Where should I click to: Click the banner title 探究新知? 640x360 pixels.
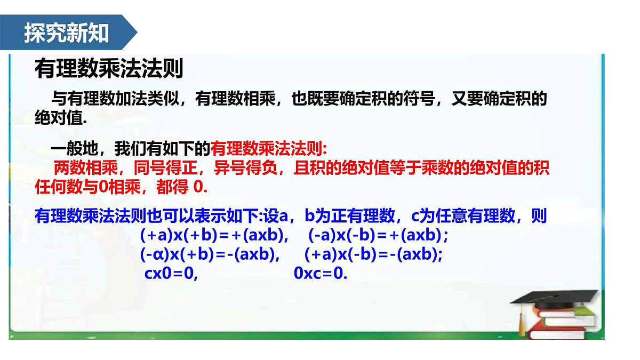pos(66,33)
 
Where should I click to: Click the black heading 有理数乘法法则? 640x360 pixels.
pos(109,69)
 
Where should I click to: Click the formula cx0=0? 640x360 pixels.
pos(171,274)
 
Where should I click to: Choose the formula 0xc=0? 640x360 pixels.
pos(321,274)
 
